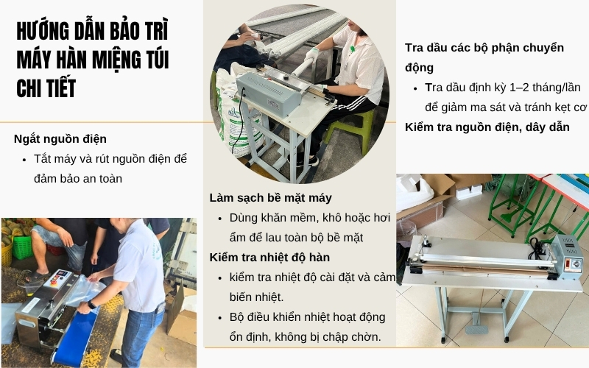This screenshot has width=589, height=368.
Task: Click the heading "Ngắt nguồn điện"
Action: (x=60, y=138)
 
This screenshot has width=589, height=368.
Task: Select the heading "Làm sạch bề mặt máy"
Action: (x=270, y=197)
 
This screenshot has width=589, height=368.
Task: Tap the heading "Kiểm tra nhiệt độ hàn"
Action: (x=269, y=257)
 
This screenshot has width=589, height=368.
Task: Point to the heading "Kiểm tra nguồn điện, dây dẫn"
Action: (x=487, y=127)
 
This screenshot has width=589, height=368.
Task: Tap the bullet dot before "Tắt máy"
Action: (x=26, y=158)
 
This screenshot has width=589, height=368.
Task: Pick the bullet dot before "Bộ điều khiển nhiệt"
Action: (x=222, y=317)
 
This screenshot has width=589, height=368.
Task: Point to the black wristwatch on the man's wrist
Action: (x=91, y=304)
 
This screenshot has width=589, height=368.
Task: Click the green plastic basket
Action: (x=21, y=247)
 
